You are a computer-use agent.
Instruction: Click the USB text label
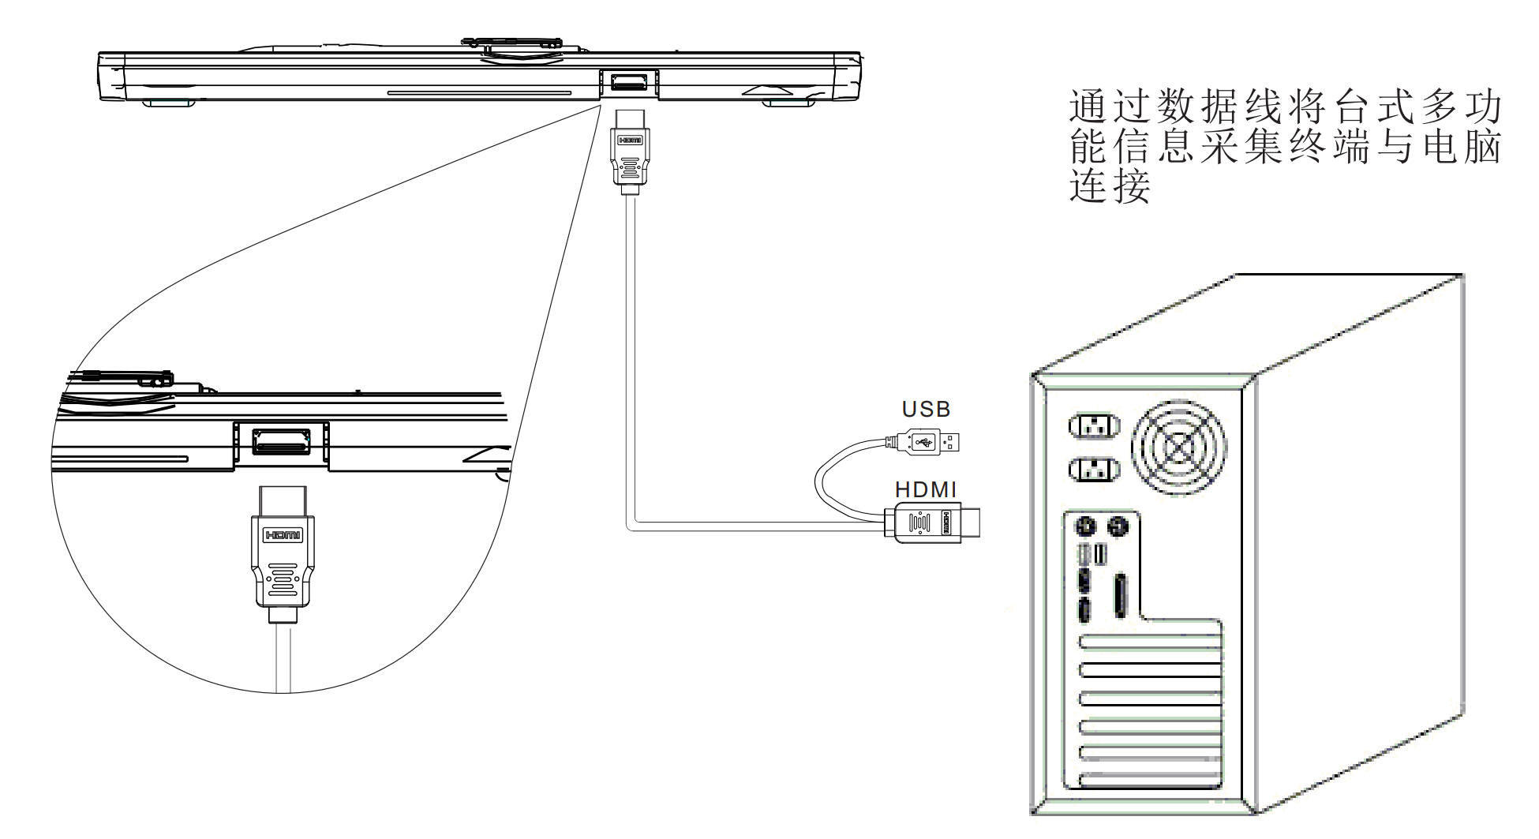(x=927, y=409)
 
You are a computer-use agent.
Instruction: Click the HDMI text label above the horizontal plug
(x=925, y=490)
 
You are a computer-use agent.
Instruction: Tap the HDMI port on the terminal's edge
(x=628, y=82)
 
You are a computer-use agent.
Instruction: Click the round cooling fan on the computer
(x=1179, y=447)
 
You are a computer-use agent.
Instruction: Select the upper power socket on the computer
(x=1094, y=427)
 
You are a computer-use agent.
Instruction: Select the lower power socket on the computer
(x=1094, y=471)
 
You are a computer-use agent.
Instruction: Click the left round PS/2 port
(x=1084, y=526)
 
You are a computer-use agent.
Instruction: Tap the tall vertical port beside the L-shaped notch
(x=1120, y=597)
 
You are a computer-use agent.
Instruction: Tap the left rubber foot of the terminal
(x=165, y=103)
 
